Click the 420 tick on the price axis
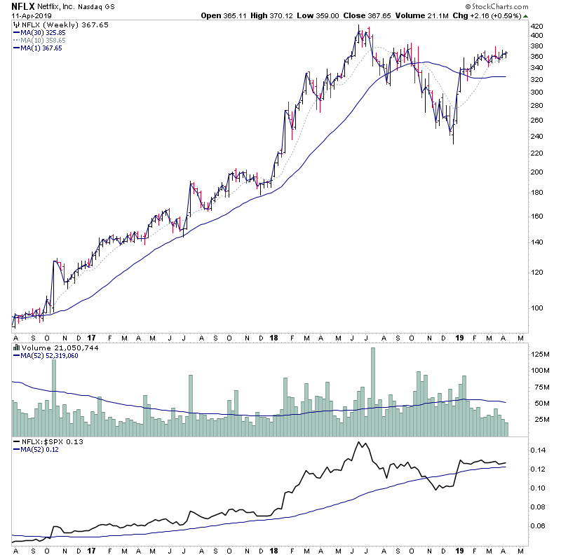[536, 35]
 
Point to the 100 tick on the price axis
[536, 307]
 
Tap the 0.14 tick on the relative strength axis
[536, 450]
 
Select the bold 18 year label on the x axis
[273, 338]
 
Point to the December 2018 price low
[453, 143]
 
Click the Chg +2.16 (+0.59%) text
[496, 15]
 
